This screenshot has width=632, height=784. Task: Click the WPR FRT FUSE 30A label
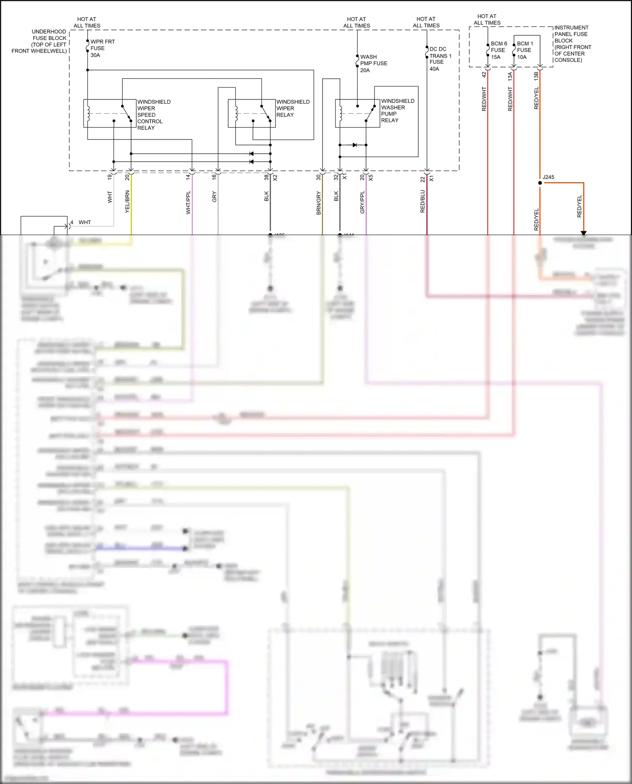[102, 48]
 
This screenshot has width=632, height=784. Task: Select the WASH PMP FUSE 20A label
[373, 64]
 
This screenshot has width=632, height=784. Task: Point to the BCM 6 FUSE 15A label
[498, 50]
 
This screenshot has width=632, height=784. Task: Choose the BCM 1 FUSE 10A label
[524, 50]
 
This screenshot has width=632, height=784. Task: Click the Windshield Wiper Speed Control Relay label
[153, 115]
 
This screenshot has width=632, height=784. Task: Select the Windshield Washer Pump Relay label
[397, 111]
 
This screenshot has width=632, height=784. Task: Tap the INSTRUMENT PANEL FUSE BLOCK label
[572, 44]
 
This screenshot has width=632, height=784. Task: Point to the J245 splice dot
[540, 183]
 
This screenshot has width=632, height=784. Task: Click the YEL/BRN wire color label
[127, 201]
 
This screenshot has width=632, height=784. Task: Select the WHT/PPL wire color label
[188, 202]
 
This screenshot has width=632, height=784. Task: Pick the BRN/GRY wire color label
[319, 203]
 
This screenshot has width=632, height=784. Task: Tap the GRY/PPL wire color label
[362, 202]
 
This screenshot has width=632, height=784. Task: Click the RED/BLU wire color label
[422, 201]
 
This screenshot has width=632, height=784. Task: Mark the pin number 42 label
[484, 75]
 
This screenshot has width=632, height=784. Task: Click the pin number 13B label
[536, 76]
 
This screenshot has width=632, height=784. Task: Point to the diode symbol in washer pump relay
[355, 145]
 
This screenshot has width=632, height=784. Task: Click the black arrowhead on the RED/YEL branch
[584, 233]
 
